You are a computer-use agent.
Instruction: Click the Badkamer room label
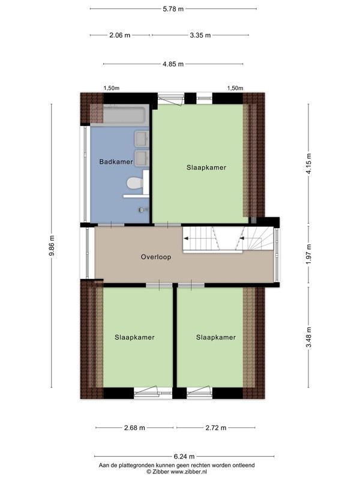pos(116,161)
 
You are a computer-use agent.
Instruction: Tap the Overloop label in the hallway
pos(156,257)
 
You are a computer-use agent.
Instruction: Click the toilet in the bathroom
pos(135,184)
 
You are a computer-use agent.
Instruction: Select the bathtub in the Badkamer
pos(124,115)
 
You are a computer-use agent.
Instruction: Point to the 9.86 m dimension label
pos(52,245)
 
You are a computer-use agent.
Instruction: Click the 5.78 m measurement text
pos(173,9)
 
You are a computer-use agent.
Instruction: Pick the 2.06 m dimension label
pos(119,35)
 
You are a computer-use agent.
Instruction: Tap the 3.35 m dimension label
pos(200,35)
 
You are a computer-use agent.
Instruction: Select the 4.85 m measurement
pos(173,64)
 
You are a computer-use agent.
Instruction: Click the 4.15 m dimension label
pos(308,163)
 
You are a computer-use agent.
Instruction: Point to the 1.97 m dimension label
pos(308,254)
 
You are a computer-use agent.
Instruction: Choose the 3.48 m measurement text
pos(308,337)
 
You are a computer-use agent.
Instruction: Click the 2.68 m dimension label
pos(134,428)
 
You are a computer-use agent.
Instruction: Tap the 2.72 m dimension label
pos(216,428)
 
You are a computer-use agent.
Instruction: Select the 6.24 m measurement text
pos(184,457)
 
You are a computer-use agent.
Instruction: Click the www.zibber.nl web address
pos(188,472)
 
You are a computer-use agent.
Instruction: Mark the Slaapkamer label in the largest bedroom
pos(206,167)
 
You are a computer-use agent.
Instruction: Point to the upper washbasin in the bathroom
pos(142,139)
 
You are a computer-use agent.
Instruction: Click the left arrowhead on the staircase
pos(185,238)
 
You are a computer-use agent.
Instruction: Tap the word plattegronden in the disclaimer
pos(133,466)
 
